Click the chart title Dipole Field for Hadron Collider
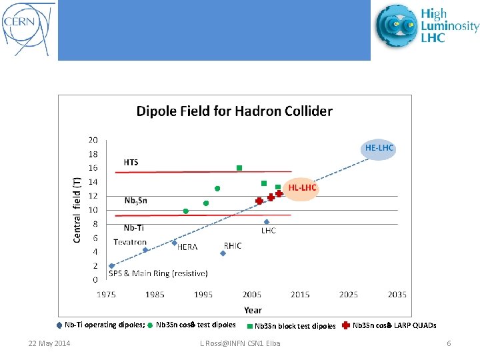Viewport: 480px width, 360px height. [234, 111]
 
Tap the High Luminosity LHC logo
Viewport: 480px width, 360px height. [427, 26]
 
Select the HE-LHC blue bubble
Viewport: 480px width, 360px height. [379, 148]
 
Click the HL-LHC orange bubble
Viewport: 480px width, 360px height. [302, 189]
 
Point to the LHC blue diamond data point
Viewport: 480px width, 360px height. [267, 222]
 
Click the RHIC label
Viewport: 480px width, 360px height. [233, 245]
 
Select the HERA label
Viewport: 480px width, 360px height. [187, 247]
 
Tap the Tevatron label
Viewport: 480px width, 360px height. [130, 242]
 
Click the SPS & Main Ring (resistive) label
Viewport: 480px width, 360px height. [158, 273]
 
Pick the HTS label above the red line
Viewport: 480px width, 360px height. [131, 162]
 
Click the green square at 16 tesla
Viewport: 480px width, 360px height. [239, 168]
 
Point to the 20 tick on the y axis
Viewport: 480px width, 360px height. [93, 140]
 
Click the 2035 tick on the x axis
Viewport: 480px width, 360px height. [397, 295]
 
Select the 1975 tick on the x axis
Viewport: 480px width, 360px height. [107, 295]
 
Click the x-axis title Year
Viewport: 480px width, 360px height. [253, 309]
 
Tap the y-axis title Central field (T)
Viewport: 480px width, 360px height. [77, 199]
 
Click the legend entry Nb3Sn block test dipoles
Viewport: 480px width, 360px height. [295, 326]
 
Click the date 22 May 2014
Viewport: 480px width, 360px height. [49, 343]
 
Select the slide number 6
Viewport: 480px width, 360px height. [449, 343]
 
